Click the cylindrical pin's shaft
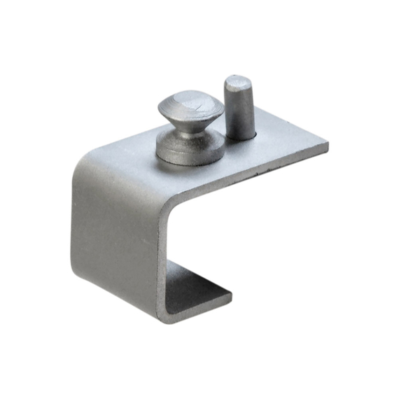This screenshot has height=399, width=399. (236, 112)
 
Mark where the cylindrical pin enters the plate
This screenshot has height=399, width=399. (239, 139)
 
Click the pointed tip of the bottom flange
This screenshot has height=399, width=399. (230, 297)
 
